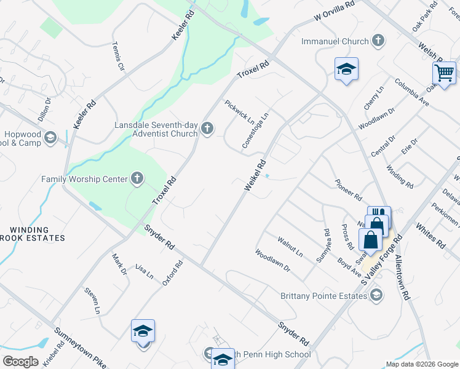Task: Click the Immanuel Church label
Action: tap(334, 42)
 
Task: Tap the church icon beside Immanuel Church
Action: tap(378, 42)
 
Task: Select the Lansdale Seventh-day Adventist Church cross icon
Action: tap(207, 129)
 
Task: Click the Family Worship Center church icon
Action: tap(137, 179)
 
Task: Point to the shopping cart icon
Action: tap(443, 72)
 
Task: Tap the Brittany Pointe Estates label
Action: tap(323, 295)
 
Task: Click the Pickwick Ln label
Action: tap(239, 111)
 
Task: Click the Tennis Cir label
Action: tap(118, 56)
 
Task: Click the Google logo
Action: tap(21, 362)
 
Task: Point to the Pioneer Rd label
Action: tap(348, 189)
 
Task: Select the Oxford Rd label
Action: tap(173, 273)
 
